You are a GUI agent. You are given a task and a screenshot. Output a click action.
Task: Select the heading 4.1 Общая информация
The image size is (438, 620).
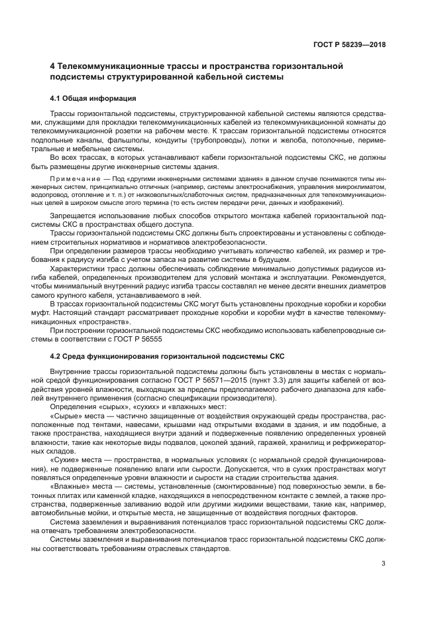[93, 98]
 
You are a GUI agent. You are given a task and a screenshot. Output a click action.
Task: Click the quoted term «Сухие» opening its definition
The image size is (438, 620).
[64, 460]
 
